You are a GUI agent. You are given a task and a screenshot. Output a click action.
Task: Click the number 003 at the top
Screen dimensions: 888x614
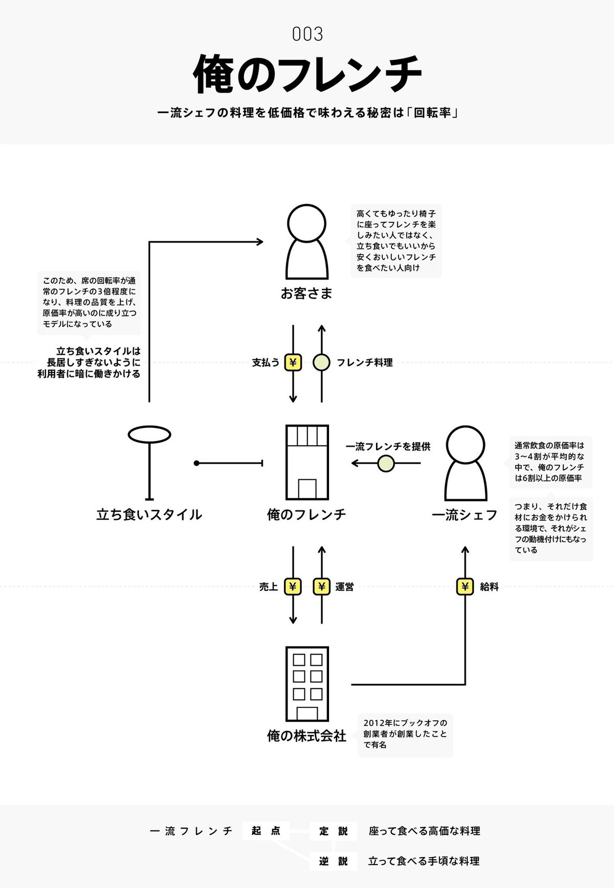[x=308, y=34]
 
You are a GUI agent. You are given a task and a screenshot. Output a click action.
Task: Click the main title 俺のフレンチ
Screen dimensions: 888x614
[x=307, y=75]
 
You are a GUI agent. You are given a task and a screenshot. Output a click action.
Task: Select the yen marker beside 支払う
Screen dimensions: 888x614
[x=293, y=362]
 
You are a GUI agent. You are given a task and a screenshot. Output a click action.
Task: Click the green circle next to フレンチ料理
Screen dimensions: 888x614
[x=321, y=362]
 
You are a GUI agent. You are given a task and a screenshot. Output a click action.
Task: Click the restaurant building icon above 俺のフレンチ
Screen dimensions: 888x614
[x=306, y=462]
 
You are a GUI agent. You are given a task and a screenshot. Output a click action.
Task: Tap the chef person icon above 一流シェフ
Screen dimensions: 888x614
[x=465, y=463]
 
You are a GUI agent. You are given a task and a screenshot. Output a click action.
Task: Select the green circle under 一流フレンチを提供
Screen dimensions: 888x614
[x=386, y=464]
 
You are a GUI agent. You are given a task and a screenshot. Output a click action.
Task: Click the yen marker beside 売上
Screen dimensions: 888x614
[x=293, y=587]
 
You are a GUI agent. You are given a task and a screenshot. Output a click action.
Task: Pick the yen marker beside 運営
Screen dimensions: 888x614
[x=321, y=587]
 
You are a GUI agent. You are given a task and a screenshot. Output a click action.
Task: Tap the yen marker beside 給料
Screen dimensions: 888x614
[x=465, y=587]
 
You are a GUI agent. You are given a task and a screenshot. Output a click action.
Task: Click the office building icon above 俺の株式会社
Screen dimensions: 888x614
[x=306, y=684]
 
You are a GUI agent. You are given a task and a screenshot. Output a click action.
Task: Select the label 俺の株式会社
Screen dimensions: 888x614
[x=306, y=736]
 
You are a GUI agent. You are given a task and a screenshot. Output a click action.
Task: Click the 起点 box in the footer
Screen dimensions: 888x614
[x=266, y=831]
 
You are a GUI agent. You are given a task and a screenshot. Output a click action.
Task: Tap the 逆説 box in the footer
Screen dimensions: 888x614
[x=333, y=861]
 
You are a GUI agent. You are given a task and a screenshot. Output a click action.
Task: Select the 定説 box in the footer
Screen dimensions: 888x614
[x=333, y=831]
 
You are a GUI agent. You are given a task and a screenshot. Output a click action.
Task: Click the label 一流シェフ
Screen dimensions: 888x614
[x=465, y=515]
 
